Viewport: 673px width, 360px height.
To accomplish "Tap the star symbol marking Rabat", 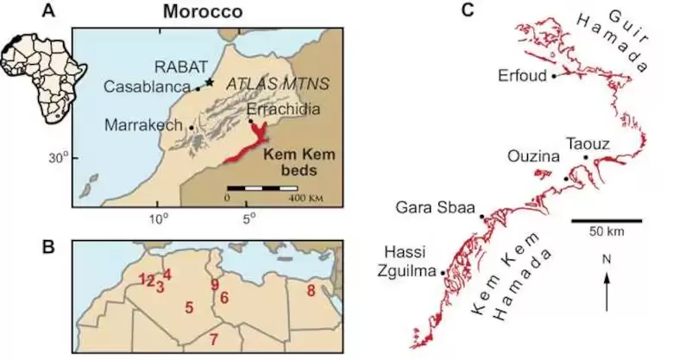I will click(210, 81).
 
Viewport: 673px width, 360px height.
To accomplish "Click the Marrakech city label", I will click(144, 125).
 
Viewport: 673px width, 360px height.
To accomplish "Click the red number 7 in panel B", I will click(214, 338).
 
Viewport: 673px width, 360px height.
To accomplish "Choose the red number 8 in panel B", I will click(311, 291).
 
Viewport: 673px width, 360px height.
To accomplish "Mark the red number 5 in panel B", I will click(189, 306).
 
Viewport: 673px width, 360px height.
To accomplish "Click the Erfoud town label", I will click(523, 75).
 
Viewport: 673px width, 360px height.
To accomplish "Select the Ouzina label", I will click(538, 156).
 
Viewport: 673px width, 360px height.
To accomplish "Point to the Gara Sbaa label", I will click(432, 208).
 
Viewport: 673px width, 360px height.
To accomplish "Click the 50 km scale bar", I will click(606, 220).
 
